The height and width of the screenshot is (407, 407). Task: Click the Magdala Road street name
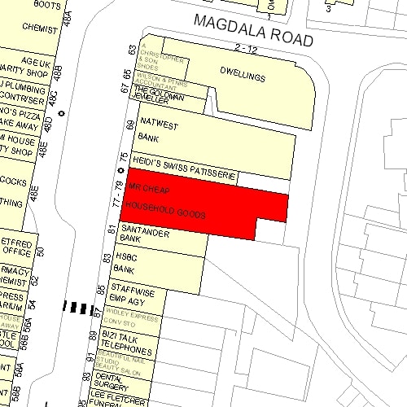(x=252, y=29)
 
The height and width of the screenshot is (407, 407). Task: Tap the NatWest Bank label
(x=155, y=130)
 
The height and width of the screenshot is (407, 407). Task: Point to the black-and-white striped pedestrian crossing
(x=79, y=308)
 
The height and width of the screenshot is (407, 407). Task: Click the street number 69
(x=128, y=125)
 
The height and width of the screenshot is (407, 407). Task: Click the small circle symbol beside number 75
(x=120, y=171)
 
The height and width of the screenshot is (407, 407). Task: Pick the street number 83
(x=107, y=258)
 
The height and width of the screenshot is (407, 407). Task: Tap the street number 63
(x=133, y=50)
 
